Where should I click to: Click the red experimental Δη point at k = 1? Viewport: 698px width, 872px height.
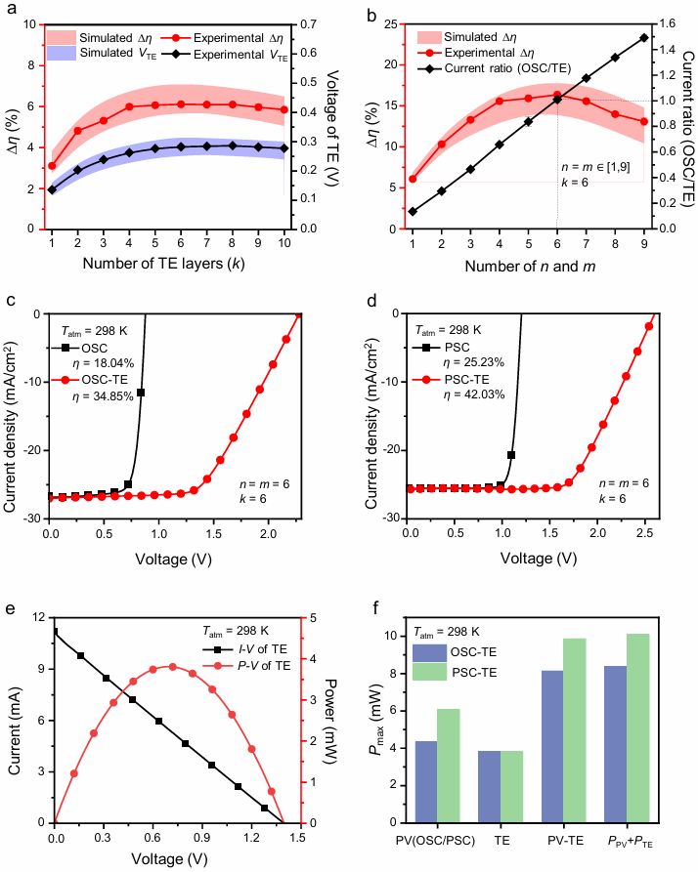point(52,166)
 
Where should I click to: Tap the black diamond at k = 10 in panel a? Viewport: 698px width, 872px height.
point(284,148)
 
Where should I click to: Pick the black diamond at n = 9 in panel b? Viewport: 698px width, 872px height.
point(644,38)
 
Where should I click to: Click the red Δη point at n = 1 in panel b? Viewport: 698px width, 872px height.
point(413,179)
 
